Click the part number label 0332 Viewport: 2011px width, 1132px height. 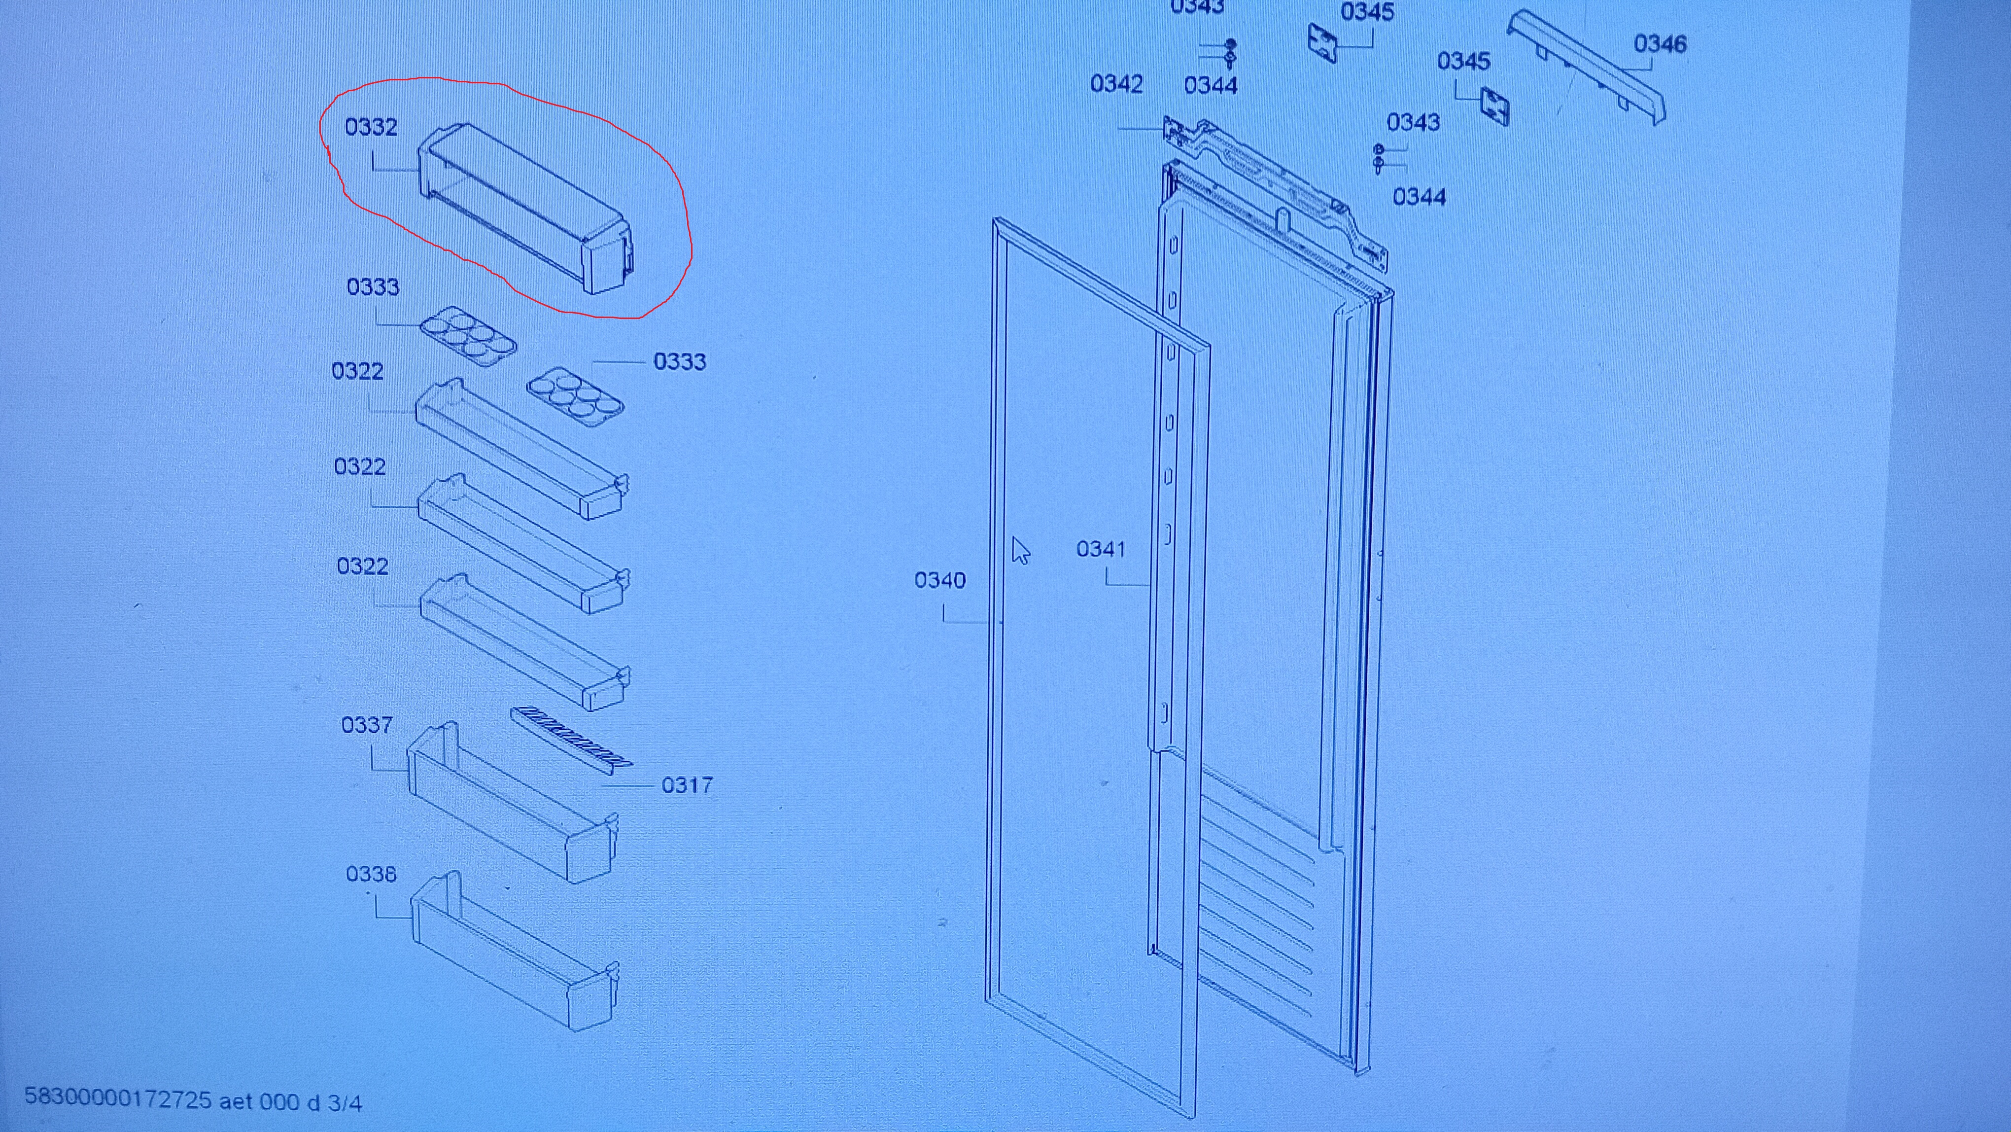pyautogui.click(x=371, y=127)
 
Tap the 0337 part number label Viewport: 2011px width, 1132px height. pyautogui.click(x=367, y=725)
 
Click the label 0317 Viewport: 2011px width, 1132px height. pyautogui.click(x=687, y=784)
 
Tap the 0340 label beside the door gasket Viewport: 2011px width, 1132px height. pyautogui.click(x=940, y=580)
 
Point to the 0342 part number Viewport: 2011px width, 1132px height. pyautogui.click(x=1116, y=83)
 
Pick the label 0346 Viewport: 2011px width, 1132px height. pyautogui.click(x=1660, y=44)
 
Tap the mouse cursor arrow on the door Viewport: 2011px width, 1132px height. pyautogui.click(x=1020, y=550)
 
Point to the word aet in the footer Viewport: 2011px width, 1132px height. pyautogui.click(x=236, y=1101)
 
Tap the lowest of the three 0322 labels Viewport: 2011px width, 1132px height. pyautogui.click(x=362, y=565)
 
